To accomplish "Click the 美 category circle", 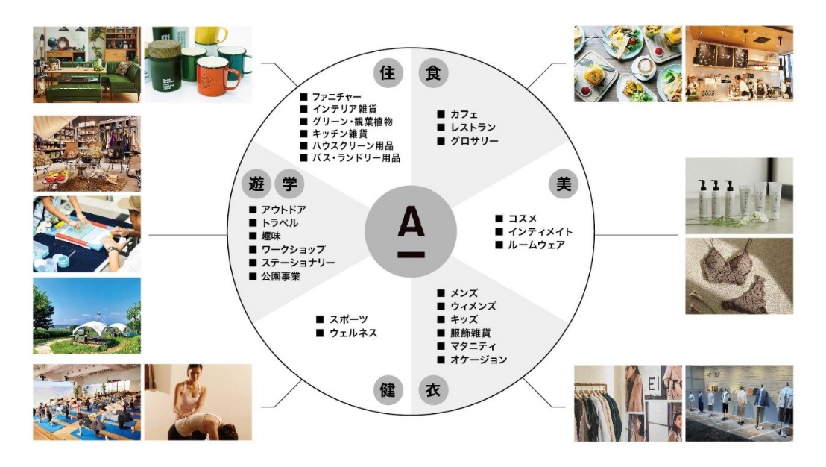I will coord(564,184).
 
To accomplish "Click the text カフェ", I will coord(464,114).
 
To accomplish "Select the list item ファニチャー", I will coord(337,98).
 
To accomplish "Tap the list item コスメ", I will coord(523,219).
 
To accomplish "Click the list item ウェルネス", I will coord(353,333).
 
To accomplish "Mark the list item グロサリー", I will coord(474,141).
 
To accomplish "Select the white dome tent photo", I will coord(86,316).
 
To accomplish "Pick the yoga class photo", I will coord(86,402).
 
